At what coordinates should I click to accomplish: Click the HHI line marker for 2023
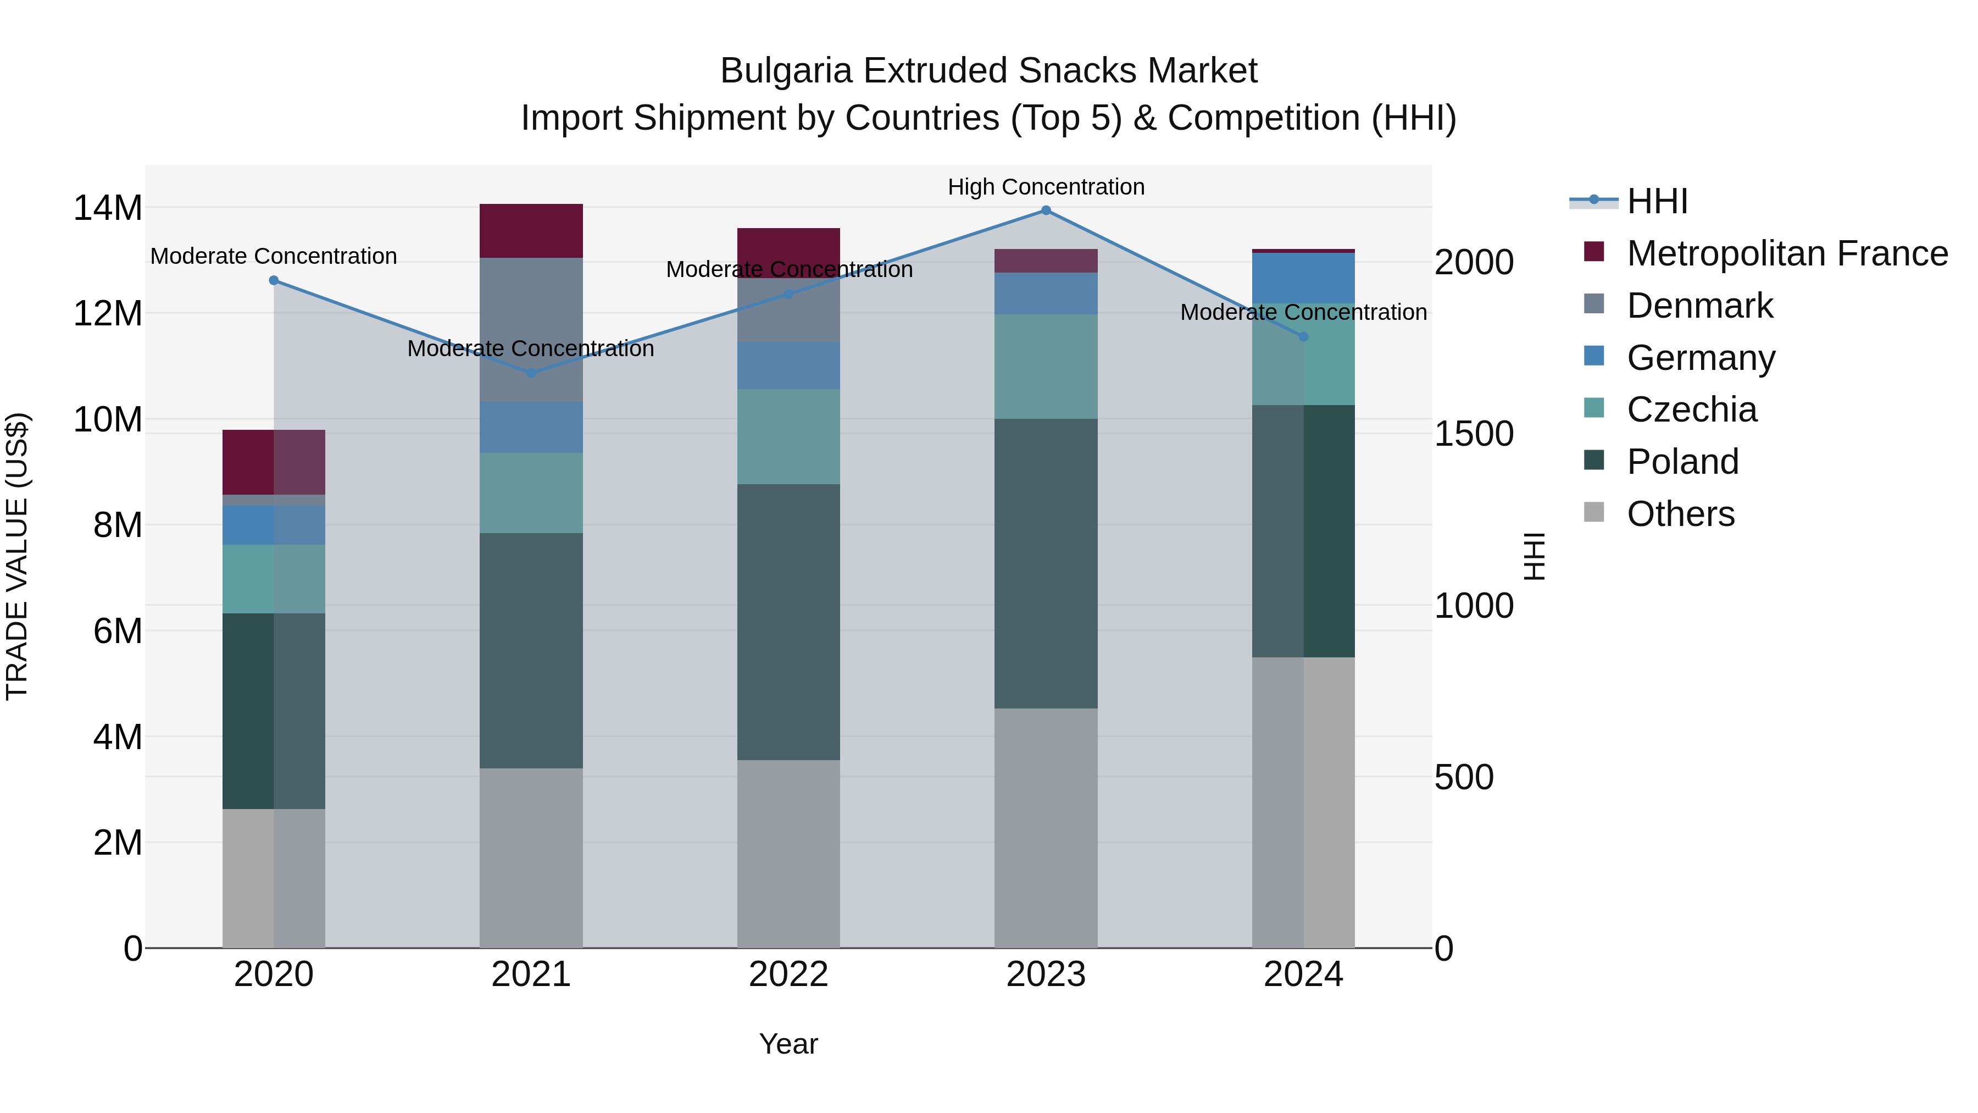[x=1046, y=211]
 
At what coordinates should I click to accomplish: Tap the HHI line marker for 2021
[x=531, y=373]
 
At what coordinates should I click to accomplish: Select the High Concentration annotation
[x=1046, y=187]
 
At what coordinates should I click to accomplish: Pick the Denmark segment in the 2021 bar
[x=531, y=329]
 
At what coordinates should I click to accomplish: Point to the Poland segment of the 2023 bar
[x=1046, y=563]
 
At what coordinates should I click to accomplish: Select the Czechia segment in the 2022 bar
[x=788, y=436]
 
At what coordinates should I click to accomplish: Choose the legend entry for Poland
[x=1682, y=462]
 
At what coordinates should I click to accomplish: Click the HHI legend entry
[x=1656, y=201]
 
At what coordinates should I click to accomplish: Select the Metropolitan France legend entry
[x=1786, y=253]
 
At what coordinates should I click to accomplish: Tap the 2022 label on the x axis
[x=788, y=974]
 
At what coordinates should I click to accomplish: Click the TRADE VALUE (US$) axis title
[x=17, y=556]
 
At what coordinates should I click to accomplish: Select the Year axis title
[x=788, y=1044]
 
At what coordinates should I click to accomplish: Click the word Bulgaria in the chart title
[x=786, y=71]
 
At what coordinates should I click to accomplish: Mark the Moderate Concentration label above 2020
[x=274, y=256]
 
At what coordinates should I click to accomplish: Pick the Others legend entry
[x=1680, y=514]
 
